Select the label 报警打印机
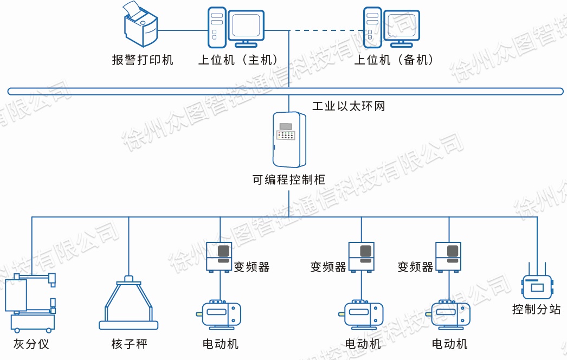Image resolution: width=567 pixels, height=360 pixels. [143, 60]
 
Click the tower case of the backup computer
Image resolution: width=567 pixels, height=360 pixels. [372, 27]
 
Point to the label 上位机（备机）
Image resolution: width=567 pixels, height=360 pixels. [395, 60]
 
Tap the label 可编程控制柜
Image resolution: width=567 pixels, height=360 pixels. [289, 179]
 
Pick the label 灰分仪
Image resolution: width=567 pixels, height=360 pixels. [31, 344]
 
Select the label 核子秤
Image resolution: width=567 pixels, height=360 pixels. [129, 344]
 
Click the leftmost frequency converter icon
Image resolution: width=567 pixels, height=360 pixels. [220, 256]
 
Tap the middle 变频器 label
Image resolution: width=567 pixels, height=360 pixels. [328, 267]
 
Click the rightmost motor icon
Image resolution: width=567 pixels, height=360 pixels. [450, 314]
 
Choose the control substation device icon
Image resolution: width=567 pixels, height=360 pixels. [537, 285]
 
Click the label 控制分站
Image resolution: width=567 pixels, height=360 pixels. [536, 310]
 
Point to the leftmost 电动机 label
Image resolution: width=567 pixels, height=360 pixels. [221, 344]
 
